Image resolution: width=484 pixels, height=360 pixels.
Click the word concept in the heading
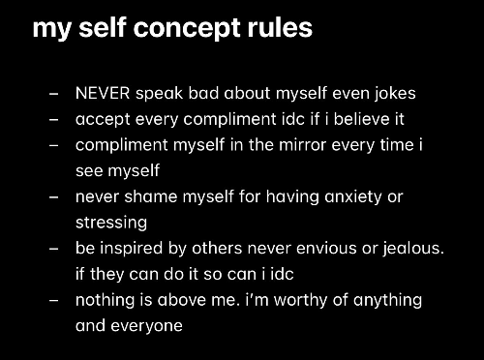pyautogui.click(x=188, y=29)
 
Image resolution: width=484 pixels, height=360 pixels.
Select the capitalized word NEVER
pyautogui.click(x=103, y=93)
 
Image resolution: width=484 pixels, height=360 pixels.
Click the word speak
pyautogui.click(x=159, y=94)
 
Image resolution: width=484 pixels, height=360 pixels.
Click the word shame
pyautogui.click(x=151, y=196)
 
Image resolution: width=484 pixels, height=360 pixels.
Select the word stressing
pyautogui.click(x=111, y=223)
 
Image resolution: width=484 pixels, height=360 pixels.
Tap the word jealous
pyautogui.click(x=413, y=249)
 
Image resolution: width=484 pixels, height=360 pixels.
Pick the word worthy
pyautogui.click(x=301, y=300)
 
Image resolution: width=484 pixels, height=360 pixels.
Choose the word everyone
pyautogui.click(x=146, y=326)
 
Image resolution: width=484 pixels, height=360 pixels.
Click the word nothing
pyautogui.click(x=105, y=300)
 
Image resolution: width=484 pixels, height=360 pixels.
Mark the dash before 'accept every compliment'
pyautogui.click(x=54, y=120)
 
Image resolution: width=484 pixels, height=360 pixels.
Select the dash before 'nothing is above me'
pyautogui.click(x=54, y=300)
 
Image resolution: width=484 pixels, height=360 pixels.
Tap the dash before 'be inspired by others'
pyautogui.click(x=54, y=249)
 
